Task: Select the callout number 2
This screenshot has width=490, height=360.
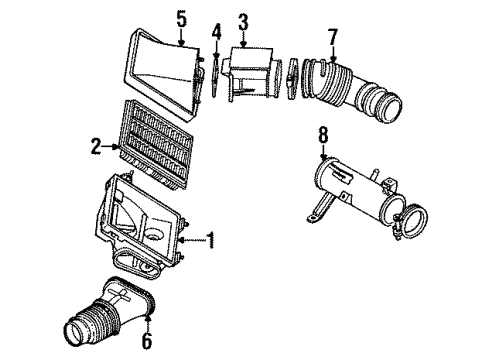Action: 96,148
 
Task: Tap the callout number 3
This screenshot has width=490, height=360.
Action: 243,21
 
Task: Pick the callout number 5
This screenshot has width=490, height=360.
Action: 181,18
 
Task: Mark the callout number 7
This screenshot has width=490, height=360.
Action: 333,38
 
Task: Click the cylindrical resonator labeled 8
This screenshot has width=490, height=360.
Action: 349,190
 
